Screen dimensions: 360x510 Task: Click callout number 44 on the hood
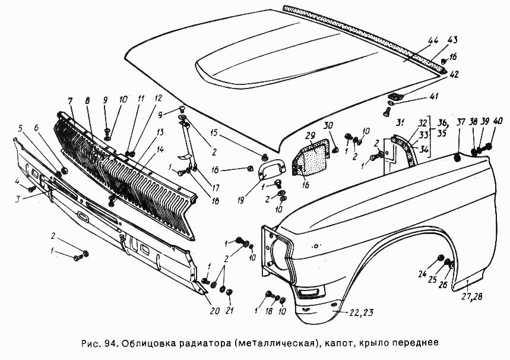tap(433, 40)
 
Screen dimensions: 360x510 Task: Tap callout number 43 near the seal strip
tap(452, 40)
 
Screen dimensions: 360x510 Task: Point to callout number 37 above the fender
tap(461, 122)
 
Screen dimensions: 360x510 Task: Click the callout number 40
tap(498, 122)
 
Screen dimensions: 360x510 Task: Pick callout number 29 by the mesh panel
tap(310, 137)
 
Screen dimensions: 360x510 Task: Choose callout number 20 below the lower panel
tap(214, 310)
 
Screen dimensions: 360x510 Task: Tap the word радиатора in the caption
tap(199, 343)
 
